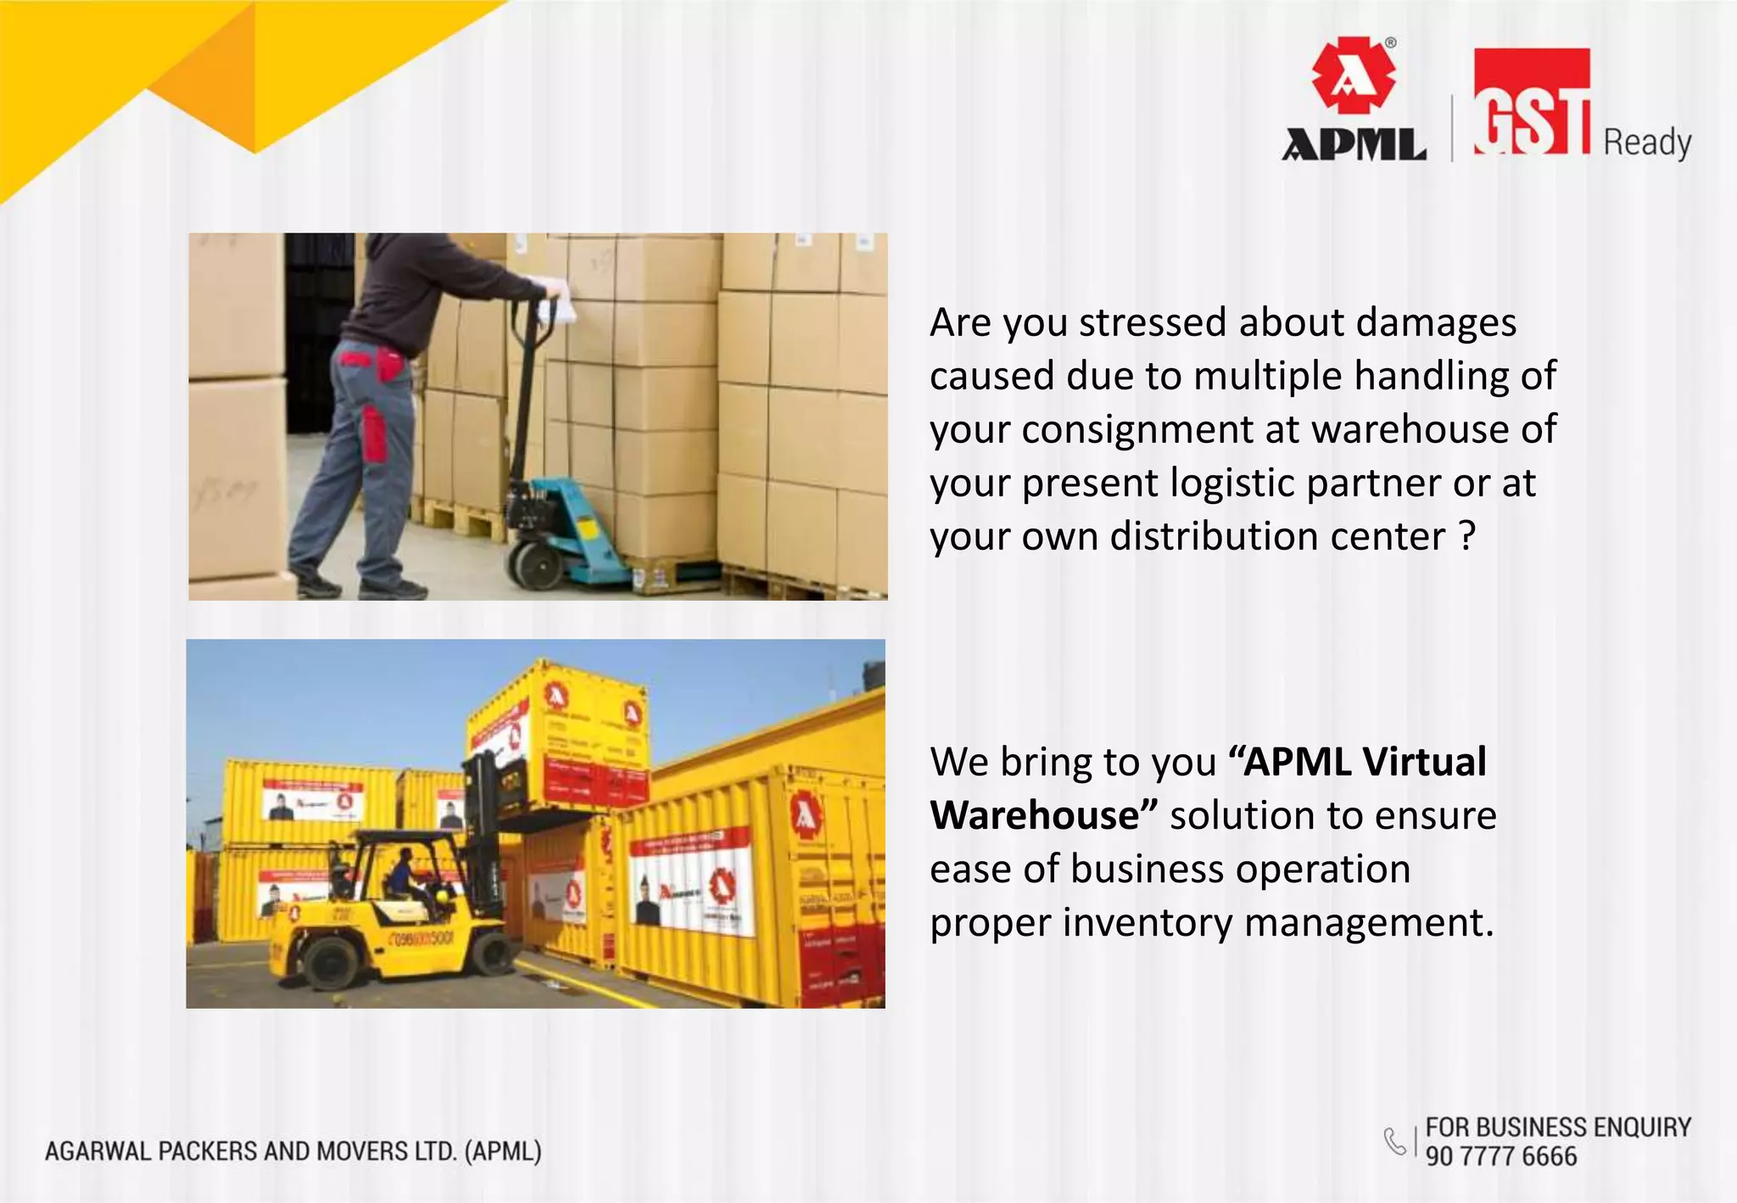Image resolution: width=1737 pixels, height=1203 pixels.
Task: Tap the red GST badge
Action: pyautogui.click(x=1531, y=102)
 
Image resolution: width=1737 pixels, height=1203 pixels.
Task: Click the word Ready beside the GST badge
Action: pyautogui.click(x=1647, y=143)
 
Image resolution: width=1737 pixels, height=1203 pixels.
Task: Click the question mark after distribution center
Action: pyautogui.click(x=1467, y=536)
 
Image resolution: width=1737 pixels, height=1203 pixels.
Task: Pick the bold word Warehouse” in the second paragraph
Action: pyautogui.click(x=1043, y=816)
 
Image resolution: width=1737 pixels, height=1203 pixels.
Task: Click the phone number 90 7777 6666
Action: pyautogui.click(x=1500, y=1156)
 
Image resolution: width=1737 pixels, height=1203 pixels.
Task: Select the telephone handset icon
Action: pyautogui.click(x=1394, y=1141)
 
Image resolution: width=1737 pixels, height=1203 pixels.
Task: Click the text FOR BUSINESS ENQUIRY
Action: pyautogui.click(x=1558, y=1127)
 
